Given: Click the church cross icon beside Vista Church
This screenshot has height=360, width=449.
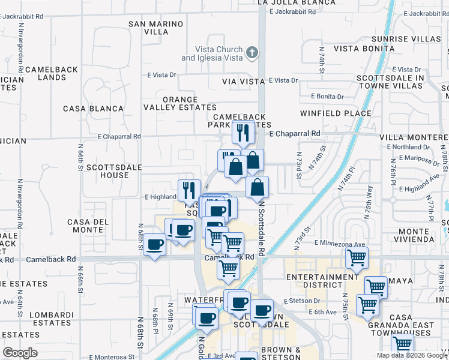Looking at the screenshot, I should click(x=252, y=53).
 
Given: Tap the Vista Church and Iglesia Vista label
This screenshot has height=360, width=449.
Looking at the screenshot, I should click(x=212, y=53).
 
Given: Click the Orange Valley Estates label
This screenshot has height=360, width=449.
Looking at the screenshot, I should click(x=180, y=103).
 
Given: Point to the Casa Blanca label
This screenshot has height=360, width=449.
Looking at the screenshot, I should click(x=93, y=109).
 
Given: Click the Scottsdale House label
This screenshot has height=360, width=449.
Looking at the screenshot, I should click(x=108, y=171).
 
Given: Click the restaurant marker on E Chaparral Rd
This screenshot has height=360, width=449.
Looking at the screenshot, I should click(x=243, y=132).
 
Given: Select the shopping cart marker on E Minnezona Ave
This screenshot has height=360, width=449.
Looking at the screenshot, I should click(x=357, y=259).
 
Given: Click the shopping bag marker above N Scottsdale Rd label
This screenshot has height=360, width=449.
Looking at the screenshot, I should click(x=257, y=187).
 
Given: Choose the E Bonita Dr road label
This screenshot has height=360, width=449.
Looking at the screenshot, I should click(x=327, y=97).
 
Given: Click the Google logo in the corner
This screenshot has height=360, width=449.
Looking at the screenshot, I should click(x=20, y=353).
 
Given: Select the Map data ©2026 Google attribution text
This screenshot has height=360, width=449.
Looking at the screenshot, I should click(x=411, y=355).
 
